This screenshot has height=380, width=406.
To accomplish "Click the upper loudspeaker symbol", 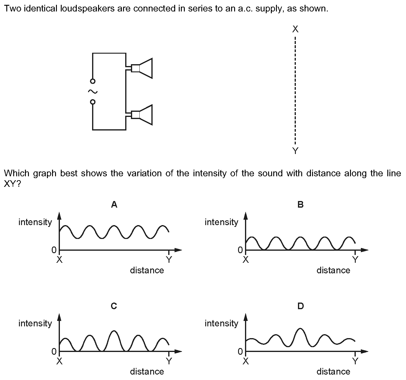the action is click(x=142, y=68).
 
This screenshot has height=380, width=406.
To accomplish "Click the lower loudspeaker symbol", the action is click(x=142, y=115).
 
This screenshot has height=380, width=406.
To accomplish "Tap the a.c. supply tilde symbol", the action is click(x=93, y=92).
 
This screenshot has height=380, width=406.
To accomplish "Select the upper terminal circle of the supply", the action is click(x=93, y=81).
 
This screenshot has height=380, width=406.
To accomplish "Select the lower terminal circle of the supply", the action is click(x=93, y=102).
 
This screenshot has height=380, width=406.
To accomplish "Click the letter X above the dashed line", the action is click(x=295, y=29).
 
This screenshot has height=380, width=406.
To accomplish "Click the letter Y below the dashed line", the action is click(x=295, y=151).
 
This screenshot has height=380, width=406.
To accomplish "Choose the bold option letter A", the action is click(x=114, y=204).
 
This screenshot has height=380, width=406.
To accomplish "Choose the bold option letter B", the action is click(x=300, y=204).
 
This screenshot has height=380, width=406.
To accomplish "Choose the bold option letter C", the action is click(x=114, y=306).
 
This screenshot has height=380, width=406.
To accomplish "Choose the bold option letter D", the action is click(x=301, y=306).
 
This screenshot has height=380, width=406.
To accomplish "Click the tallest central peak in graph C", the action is click(x=114, y=331).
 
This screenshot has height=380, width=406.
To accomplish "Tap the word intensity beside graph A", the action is click(x=35, y=222).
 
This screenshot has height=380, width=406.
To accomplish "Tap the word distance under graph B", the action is click(x=333, y=270).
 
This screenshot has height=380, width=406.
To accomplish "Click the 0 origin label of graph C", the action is click(x=54, y=351).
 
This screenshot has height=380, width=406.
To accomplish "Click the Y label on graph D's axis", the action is click(x=355, y=361).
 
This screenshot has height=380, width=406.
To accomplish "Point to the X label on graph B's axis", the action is click(x=246, y=260).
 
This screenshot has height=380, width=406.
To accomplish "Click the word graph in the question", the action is click(x=45, y=173).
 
